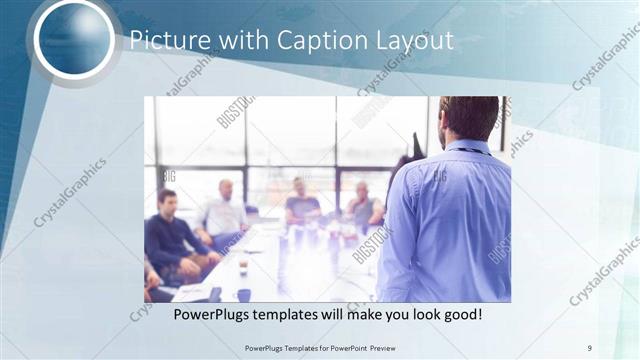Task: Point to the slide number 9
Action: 590,347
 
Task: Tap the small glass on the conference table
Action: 242,264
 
